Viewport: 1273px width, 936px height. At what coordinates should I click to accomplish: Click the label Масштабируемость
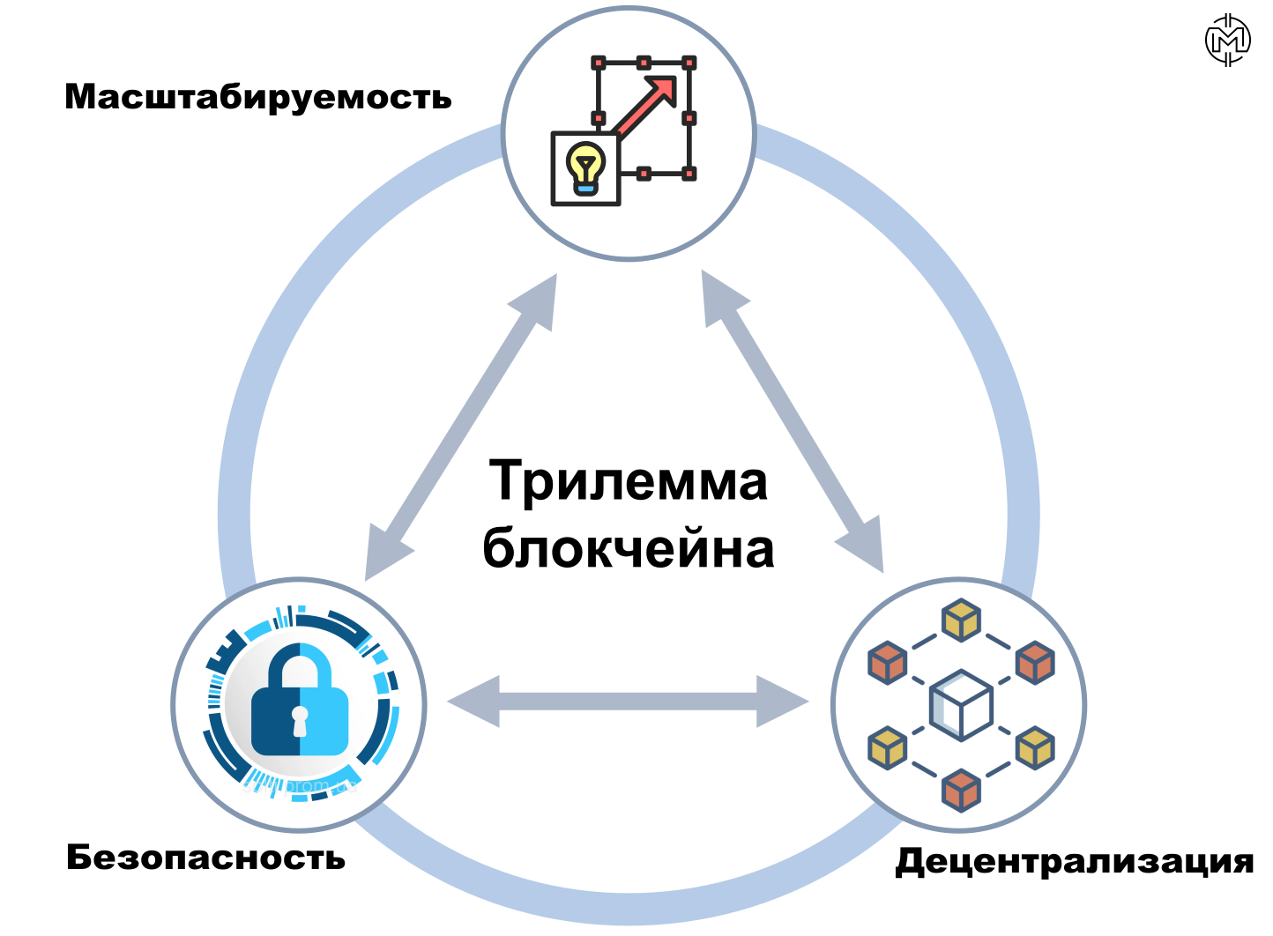(258, 98)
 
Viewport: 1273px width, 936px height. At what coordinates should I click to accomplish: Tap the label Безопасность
(205, 858)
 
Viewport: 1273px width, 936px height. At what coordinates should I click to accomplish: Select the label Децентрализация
(1075, 862)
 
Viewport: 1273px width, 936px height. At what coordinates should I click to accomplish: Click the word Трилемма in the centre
(628, 482)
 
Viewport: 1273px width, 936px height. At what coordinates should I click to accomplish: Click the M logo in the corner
(1227, 40)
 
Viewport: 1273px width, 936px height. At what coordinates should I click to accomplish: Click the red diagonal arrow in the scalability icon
(645, 107)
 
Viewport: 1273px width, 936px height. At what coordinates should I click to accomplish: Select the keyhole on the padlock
(300, 721)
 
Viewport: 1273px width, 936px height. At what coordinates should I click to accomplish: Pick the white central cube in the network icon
(961, 705)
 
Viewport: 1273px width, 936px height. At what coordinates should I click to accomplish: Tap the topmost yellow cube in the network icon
(961, 620)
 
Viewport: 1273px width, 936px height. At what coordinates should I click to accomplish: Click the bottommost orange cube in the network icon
(961, 791)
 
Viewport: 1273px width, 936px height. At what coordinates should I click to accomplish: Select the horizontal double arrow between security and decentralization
(628, 702)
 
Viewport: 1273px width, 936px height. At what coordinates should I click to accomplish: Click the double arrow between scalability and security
(461, 427)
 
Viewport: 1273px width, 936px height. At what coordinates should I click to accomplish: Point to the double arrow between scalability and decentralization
(793, 421)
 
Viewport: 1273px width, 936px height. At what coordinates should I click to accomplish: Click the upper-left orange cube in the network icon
(888, 663)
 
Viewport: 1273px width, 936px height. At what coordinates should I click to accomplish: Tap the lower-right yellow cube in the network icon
(1035, 748)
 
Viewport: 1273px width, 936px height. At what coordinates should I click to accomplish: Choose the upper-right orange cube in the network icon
(1035, 663)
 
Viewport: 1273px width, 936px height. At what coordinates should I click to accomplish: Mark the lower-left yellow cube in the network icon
(888, 748)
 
